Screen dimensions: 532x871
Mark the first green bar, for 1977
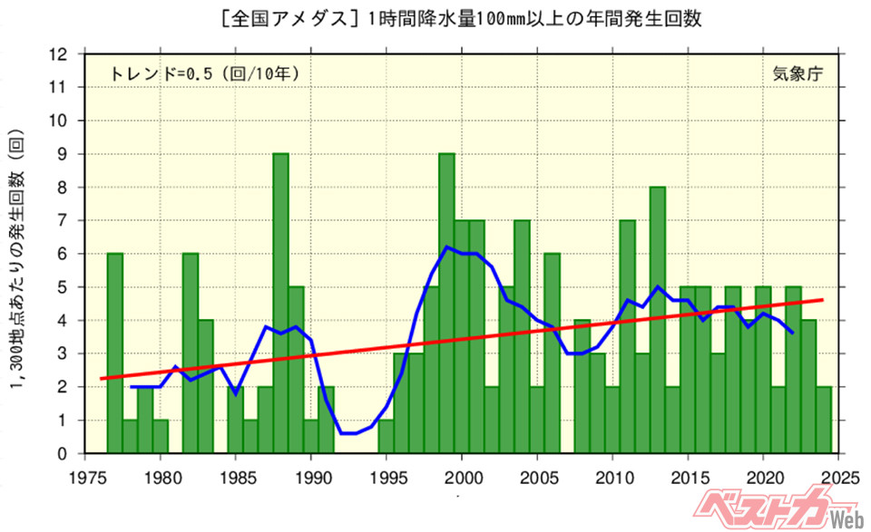point(115,353)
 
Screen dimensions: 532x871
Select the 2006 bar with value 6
point(553,353)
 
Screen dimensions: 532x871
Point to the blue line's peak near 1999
point(447,247)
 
